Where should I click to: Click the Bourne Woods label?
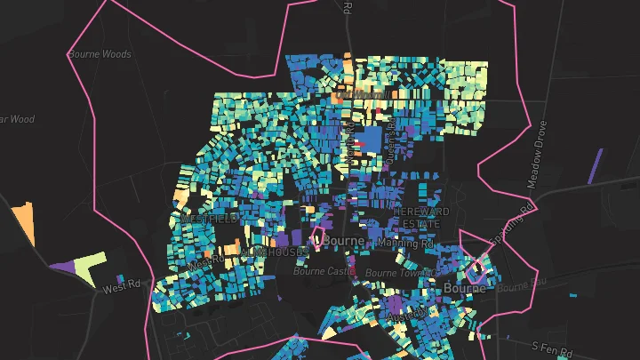[100, 54]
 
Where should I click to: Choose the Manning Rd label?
[404, 242]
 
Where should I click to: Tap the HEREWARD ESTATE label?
[422, 217]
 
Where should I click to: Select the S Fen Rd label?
[549, 345]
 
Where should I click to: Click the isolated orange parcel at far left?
[23, 223]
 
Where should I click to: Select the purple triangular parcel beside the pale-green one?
[65, 266]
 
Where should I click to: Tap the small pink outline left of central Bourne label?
[315, 237]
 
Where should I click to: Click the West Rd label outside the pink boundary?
[122, 286]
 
